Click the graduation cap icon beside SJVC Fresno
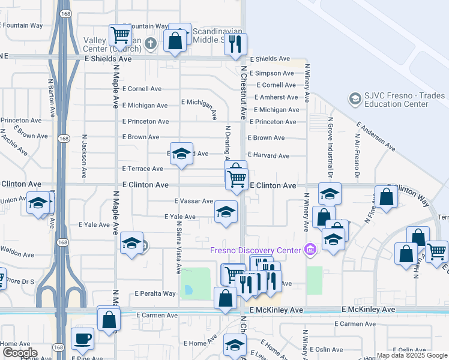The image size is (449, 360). [x=354, y=98]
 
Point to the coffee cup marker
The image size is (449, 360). [x=82, y=338]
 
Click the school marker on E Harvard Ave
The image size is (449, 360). [x=181, y=154]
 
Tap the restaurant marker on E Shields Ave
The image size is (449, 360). [x=235, y=44]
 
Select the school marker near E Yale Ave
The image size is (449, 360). [x=226, y=212]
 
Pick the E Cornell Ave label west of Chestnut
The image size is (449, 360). [x=142, y=89]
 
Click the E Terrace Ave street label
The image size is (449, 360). [x=142, y=169]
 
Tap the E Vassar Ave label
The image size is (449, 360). [x=194, y=202]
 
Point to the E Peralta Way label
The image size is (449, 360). [x=155, y=294]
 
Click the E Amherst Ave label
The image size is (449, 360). [x=276, y=97]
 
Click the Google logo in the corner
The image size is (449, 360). [x=20, y=353]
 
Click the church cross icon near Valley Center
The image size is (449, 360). [x=150, y=43]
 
